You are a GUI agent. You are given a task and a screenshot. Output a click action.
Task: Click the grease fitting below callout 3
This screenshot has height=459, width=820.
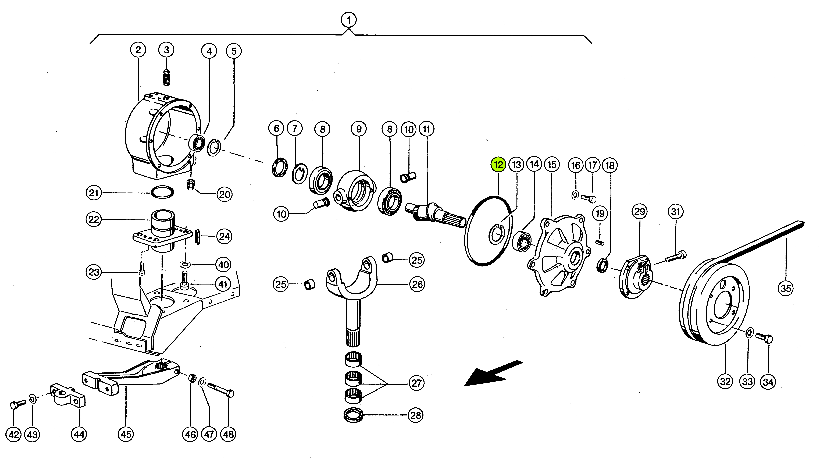(x=166, y=77)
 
